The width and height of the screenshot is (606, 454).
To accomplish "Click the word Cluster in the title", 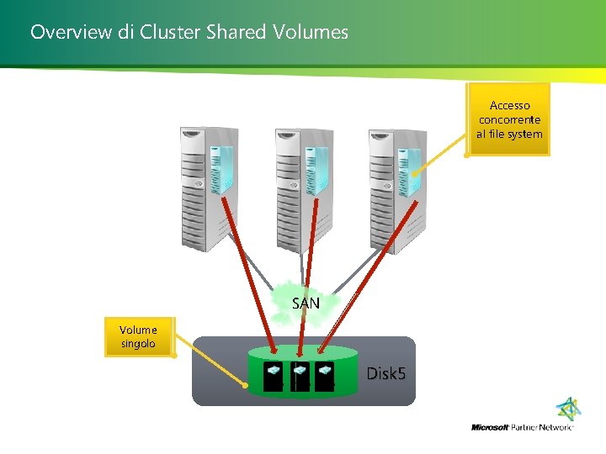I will coord(166,33).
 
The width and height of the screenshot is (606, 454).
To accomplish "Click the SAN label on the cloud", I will coord(306,303).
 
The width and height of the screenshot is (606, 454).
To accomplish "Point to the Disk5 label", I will coord(386,372).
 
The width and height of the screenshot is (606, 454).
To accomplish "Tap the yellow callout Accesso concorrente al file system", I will coord(509,119).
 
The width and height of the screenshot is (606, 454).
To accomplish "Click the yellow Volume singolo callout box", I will coord(138,336).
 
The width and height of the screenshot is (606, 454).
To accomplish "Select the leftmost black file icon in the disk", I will coord(274,377).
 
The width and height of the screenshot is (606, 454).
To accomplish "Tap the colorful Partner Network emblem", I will coord(569,409).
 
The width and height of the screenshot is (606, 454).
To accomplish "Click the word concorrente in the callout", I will coord(509,119).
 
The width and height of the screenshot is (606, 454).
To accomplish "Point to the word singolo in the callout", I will coord(138,344).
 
